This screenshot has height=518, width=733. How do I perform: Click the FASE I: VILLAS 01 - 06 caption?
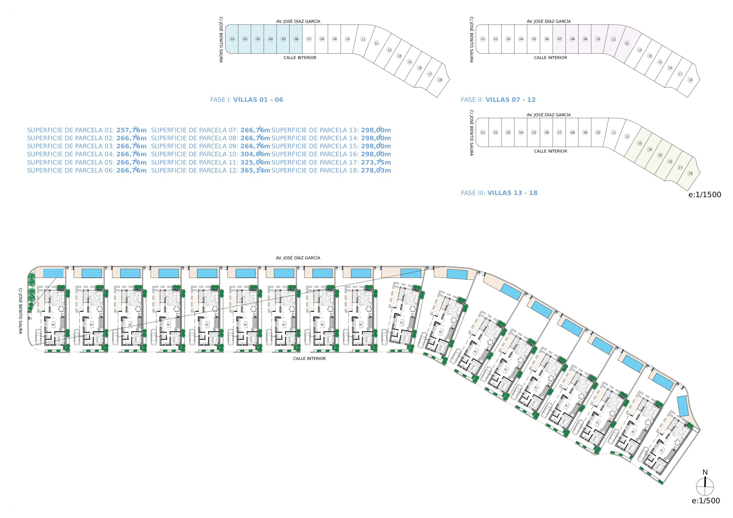click(247, 100)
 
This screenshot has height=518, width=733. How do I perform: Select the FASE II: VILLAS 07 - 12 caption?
click(498, 100)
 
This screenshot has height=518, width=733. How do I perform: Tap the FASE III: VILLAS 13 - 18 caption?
click(499, 193)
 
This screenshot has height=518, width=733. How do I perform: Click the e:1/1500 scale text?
click(705, 194)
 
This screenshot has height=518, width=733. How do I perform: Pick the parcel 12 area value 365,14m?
click(255, 170)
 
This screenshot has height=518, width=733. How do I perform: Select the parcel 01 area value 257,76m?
click(131, 130)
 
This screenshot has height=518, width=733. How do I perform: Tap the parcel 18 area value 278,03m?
click(376, 170)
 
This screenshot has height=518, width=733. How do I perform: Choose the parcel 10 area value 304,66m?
click(255, 154)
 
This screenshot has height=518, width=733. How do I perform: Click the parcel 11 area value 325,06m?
click(255, 162)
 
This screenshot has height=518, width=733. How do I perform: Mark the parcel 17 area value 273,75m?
click(376, 162)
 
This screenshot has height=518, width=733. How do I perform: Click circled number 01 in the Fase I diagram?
click(232, 39)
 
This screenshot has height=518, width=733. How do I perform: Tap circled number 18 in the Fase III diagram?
click(690, 173)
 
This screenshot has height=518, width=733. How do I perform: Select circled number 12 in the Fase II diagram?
click(627, 43)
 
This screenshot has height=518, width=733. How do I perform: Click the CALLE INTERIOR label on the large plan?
click(309, 358)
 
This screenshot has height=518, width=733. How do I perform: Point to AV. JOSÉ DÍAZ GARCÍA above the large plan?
click(298, 257)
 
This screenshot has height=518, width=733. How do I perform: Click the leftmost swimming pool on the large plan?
click(53, 273)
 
